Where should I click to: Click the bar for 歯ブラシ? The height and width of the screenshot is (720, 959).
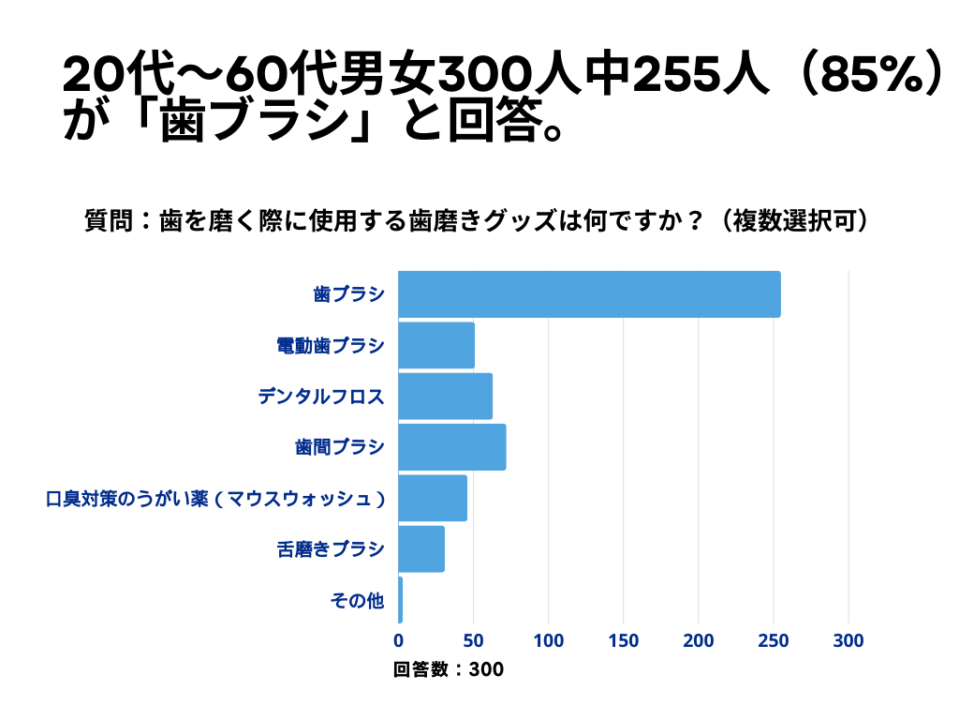click(x=589, y=294)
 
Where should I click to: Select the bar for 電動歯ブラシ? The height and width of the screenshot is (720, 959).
click(x=436, y=345)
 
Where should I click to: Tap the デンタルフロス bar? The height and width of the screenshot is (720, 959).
click(x=445, y=396)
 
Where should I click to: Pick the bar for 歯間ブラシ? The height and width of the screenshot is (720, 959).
click(x=452, y=447)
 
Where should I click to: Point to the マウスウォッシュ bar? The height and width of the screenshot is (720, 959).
click(x=433, y=498)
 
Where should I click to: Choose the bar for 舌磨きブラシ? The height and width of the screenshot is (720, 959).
click(x=421, y=549)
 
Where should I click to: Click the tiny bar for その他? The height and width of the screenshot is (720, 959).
click(x=400, y=600)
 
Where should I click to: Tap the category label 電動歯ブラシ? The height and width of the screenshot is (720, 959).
click(x=331, y=346)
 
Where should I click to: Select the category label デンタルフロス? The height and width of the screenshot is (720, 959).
click(x=321, y=397)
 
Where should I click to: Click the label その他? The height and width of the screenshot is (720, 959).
click(x=357, y=601)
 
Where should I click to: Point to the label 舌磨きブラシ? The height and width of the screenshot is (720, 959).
click(x=331, y=549)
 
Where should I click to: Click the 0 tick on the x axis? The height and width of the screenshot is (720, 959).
click(x=398, y=641)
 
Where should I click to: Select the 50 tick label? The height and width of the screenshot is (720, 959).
click(x=474, y=641)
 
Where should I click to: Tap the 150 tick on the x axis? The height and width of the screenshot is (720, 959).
click(x=624, y=641)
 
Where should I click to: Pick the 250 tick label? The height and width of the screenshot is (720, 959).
click(x=774, y=641)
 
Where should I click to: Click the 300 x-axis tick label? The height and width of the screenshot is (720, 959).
click(x=848, y=641)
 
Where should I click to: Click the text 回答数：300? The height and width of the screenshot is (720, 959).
click(x=449, y=669)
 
